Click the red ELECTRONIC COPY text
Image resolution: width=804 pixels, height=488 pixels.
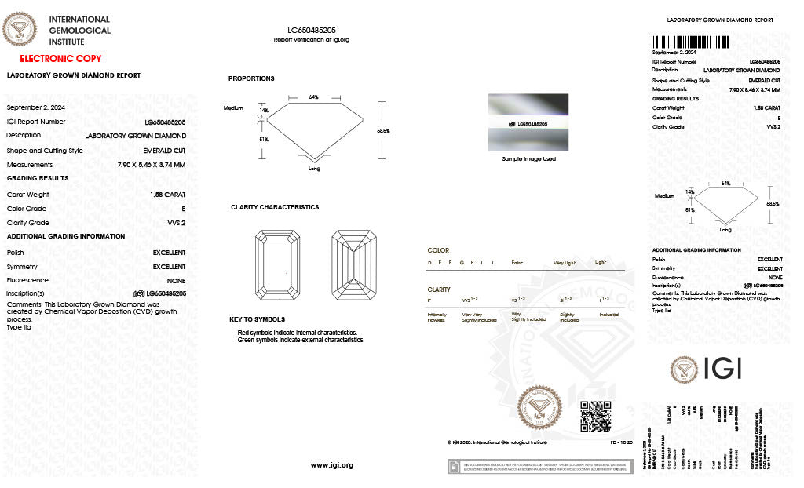click(x=60, y=59)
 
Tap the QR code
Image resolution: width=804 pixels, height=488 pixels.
click(x=595, y=416)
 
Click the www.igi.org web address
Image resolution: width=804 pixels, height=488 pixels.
click(x=332, y=465)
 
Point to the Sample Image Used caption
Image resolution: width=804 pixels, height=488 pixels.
click(x=528, y=158)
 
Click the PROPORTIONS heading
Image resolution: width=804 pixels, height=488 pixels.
click(x=251, y=78)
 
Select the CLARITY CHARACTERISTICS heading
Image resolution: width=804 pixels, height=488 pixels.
click(x=275, y=207)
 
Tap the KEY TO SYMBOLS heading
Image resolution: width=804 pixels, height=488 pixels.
click(x=257, y=319)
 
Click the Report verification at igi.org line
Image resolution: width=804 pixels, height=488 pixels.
click(x=312, y=39)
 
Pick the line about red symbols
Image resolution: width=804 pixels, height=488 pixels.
click(x=298, y=333)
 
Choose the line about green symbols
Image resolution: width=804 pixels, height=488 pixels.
click(x=301, y=340)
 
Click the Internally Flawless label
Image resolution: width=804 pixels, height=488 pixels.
click(x=437, y=317)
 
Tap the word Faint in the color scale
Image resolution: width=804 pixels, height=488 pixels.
click(x=517, y=262)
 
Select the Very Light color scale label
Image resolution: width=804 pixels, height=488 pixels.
click(x=565, y=262)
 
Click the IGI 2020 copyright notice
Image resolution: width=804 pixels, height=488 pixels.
click(x=496, y=442)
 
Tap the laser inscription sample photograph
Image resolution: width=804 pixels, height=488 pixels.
click(x=528, y=122)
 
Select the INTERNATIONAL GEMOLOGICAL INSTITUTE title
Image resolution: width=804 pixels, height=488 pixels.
click(x=79, y=31)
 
